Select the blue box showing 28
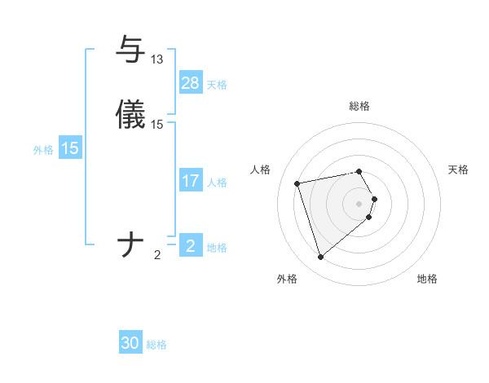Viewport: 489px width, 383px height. [191, 83]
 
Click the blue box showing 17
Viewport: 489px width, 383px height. [191, 181]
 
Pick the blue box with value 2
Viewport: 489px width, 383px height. [191, 246]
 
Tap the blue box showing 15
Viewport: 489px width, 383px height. [70, 148]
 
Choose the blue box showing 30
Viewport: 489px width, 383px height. [130, 343]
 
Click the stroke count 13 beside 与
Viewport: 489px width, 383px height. [157, 59]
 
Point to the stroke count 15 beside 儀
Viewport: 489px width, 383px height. [157, 125]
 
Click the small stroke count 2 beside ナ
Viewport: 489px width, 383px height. [157, 255]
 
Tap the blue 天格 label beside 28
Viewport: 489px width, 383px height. [217, 84]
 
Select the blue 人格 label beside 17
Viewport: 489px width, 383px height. [217, 182]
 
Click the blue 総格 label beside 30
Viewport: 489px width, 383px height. [156, 345]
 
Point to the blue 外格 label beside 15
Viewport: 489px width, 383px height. [43, 149]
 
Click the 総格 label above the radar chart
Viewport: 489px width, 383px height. [359, 106]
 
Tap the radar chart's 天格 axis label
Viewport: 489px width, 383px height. [459, 169]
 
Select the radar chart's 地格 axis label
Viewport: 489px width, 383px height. [427, 279]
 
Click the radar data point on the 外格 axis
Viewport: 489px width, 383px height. [321, 258]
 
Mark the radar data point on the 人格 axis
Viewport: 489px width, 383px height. [297, 183]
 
